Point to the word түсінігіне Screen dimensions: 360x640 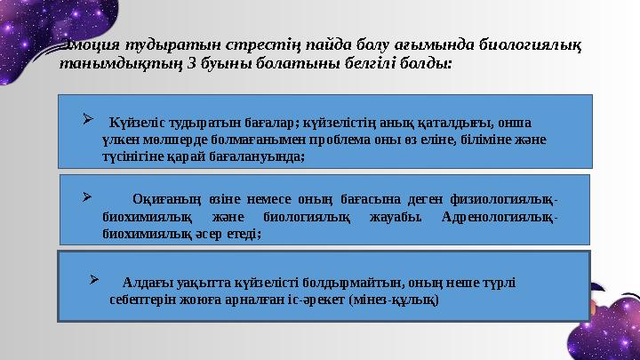point(134,155)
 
